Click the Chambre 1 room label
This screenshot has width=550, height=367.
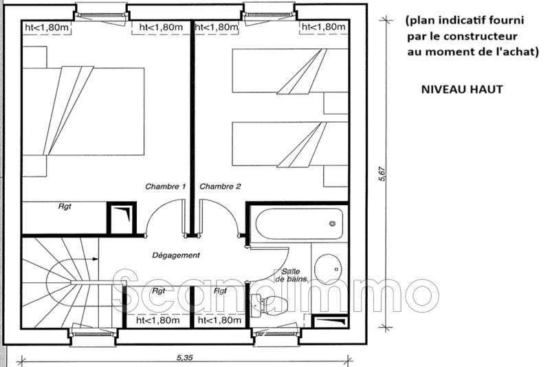tap(165, 187)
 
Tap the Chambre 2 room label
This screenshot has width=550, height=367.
tap(221, 187)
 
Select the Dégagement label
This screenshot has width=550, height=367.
tap(176, 255)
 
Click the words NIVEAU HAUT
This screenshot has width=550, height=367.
tap(461, 90)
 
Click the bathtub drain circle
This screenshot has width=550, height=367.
tap(333, 223)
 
